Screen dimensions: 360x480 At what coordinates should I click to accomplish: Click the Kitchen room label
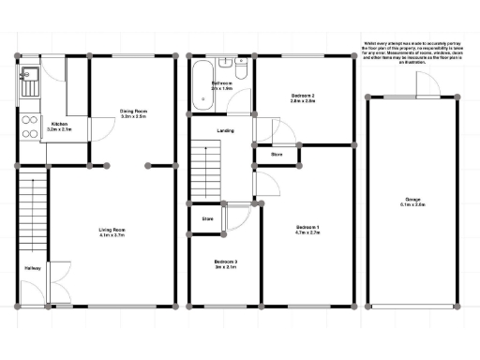pyautogui.click(x=59, y=125)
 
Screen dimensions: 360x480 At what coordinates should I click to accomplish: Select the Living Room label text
pyautogui.click(x=112, y=231)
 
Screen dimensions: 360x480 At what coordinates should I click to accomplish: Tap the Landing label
pyautogui.click(x=225, y=130)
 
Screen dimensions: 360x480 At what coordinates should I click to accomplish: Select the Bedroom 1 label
pyautogui.click(x=307, y=230)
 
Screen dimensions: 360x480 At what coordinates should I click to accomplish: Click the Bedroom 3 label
pyautogui.click(x=224, y=262)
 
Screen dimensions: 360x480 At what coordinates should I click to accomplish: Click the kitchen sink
pyautogui.click(x=26, y=85)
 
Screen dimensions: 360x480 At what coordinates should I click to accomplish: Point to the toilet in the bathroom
pyautogui.click(x=242, y=72)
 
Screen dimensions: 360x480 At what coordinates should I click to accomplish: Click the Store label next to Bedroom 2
pyautogui.click(x=277, y=154)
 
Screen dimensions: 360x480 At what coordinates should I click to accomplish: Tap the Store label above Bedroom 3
pyautogui.click(x=207, y=221)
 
